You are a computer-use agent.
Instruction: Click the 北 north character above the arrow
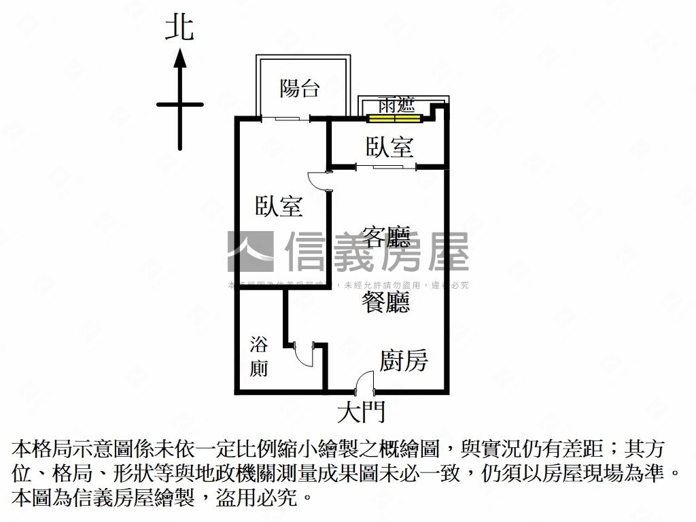179,28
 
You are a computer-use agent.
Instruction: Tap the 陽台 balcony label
300,88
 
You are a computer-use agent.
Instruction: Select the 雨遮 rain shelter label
396,106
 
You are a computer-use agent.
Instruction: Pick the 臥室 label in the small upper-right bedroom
389,147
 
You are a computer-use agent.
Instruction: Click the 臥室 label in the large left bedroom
279,206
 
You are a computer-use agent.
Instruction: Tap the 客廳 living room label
386,237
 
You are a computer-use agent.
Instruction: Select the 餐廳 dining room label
386,303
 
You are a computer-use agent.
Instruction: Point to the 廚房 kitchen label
403,361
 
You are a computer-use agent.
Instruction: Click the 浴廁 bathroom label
259,355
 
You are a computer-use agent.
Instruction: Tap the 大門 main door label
361,411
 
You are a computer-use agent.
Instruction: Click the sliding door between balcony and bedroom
285,119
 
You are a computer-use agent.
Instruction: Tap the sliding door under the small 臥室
385,166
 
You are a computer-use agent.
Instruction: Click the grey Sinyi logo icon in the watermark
250,251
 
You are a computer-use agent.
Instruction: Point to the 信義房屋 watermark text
377,251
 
